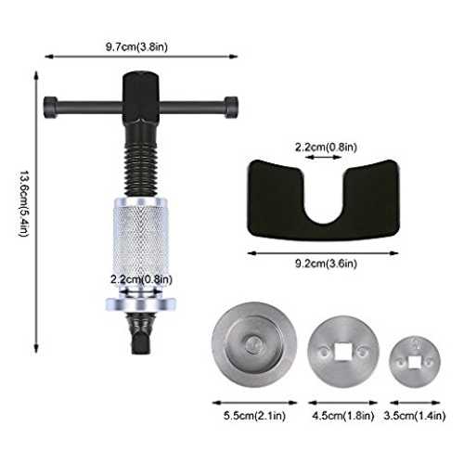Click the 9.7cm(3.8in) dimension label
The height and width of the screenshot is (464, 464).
(136, 47)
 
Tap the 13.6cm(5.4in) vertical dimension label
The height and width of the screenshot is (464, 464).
(24, 204)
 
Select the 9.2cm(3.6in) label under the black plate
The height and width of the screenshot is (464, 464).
(326, 264)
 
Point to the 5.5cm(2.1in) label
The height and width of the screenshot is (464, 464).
(254, 416)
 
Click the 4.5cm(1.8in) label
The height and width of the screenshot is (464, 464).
(343, 416)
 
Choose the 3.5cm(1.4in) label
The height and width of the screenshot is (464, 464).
(415, 416)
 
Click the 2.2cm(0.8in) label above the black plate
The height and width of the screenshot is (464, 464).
(326, 147)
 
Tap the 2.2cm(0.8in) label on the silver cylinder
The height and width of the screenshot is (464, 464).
(141, 279)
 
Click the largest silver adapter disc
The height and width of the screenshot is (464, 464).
(254, 344)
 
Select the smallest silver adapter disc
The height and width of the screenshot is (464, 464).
(415, 362)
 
